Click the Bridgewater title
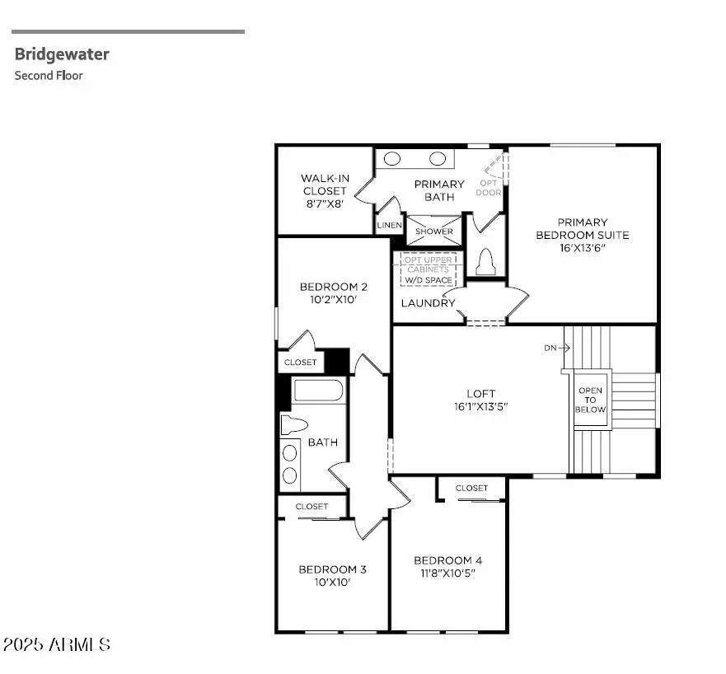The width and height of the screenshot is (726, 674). coord(62,54)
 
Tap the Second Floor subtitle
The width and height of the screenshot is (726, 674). coord(49,75)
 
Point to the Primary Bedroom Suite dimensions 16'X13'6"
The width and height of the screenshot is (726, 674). coord(582,248)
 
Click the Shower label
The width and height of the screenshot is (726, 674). coord(433,232)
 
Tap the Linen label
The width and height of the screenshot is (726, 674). coord(389,225)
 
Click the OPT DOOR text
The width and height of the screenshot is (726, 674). coord(489,188)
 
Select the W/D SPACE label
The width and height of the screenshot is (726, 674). coord(427,280)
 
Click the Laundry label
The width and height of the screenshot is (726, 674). coord(428,303)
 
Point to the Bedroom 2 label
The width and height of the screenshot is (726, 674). coord(333,287)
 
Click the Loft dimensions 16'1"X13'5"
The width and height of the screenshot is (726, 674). coord(480,406)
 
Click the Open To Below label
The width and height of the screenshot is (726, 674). coord(590,400)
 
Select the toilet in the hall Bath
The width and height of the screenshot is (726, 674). coord(293,425)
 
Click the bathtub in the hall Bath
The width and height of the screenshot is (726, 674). coord(319,391)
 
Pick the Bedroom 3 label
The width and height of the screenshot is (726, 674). coord(332,569)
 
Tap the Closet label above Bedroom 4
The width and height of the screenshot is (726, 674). coord(471,488)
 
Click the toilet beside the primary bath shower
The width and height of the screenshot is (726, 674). coord(485,260)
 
